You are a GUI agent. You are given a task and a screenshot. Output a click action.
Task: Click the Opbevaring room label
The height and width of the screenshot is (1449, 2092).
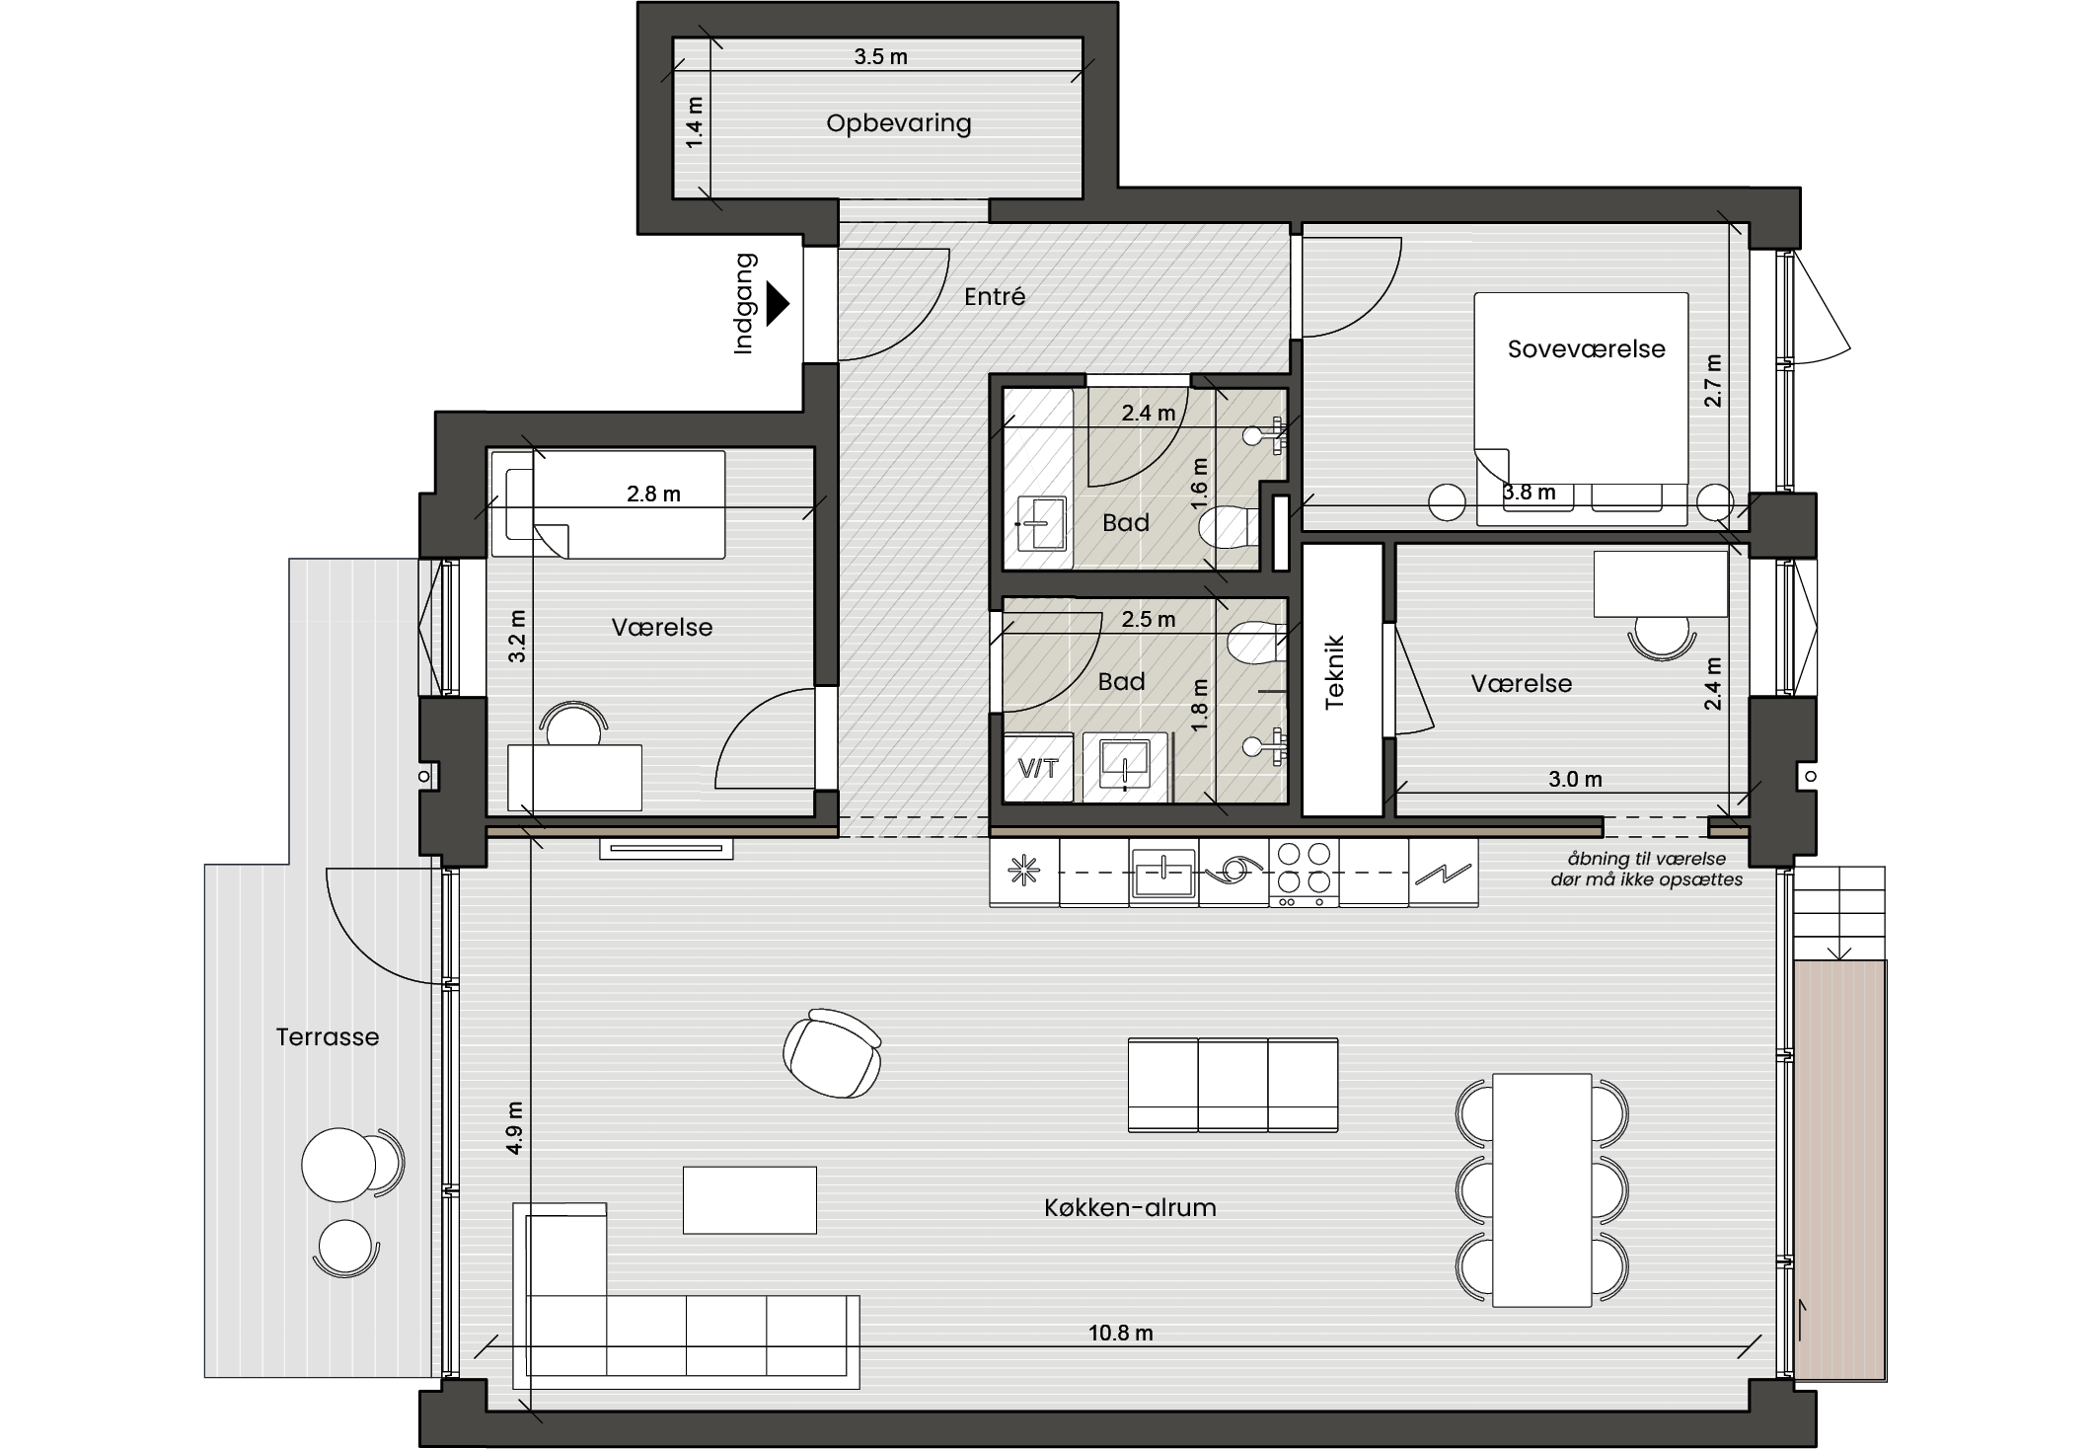(898, 123)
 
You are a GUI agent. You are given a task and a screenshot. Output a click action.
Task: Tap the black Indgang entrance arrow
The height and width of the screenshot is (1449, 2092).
(779, 304)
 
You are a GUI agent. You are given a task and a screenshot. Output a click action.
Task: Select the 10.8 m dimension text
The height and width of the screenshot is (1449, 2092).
(1120, 1333)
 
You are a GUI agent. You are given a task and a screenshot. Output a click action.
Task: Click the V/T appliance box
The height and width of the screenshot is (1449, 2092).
(1038, 768)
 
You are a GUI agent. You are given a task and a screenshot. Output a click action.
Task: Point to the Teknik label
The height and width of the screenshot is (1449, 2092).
(1334, 672)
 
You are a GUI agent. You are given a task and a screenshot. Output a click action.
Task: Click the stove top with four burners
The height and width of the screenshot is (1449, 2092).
(1304, 873)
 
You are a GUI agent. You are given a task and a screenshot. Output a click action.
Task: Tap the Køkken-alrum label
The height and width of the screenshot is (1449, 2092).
(1130, 1207)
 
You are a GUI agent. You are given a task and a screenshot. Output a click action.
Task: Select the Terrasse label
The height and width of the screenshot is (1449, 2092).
(328, 1036)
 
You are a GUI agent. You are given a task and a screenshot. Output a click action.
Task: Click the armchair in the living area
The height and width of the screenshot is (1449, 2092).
(833, 1052)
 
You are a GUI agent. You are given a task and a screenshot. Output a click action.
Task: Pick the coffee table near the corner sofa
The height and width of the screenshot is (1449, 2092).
(750, 1199)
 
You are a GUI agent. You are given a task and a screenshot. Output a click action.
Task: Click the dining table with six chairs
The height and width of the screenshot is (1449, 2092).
(1541, 1190)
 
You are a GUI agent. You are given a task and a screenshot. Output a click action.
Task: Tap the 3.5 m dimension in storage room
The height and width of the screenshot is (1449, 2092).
(880, 56)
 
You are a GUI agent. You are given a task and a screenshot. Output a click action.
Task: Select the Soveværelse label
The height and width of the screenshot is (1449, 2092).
(1586, 348)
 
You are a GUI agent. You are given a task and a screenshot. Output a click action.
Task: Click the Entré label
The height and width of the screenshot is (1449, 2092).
(995, 296)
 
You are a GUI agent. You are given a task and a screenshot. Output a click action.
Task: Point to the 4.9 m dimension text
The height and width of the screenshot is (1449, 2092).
(514, 1127)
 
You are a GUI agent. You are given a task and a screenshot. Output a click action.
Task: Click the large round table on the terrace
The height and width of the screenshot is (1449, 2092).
(338, 1165)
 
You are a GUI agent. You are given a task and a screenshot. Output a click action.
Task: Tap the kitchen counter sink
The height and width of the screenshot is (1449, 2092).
(1164, 873)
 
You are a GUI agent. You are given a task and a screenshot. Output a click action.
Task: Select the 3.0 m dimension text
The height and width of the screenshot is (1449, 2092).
(1575, 779)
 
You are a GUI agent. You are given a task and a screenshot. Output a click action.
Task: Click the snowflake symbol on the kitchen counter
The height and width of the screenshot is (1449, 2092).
(1024, 872)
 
